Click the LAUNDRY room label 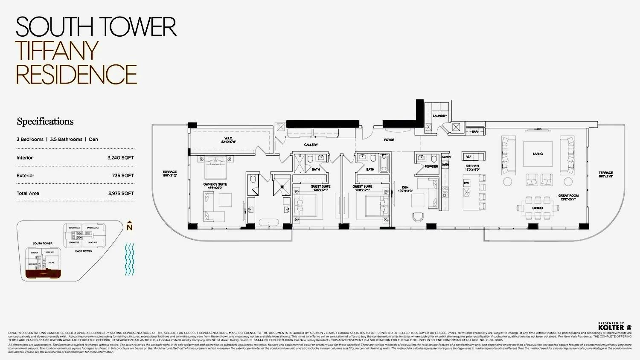pyautogui.click(x=440, y=116)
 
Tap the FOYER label pyautogui.click(x=389, y=140)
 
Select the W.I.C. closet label pyautogui.click(x=228, y=138)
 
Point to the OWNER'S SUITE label pyautogui.click(x=215, y=184)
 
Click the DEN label pyautogui.click(x=405, y=187)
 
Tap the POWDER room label pyautogui.click(x=431, y=166)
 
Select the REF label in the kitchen pyautogui.click(x=468, y=157)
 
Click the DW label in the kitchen pyautogui.click(x=466, y=183)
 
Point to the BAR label pyautogui.click(x=475, y=132)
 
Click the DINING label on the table pyautogui.click(x=537, y=208)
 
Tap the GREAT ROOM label pyautogui.click(x=568, y=196)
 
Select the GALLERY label pyautogui.click(x=311, y=145)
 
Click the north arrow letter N pyautogui.click(x=130, y=227)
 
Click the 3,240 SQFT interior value pyautogui.click(x=121, y=158)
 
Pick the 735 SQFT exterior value pyautogui.click(x=123, y=176)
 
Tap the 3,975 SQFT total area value pyautogui.click(x=121, y=194)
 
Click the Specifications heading pyautogui.click(x=45, y=122)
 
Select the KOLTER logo pyautogui.click(x=611, y=328)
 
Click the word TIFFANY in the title pyautogui.click(x=57, y=51)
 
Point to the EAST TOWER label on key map pyautogui.click(x=84, y=251)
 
